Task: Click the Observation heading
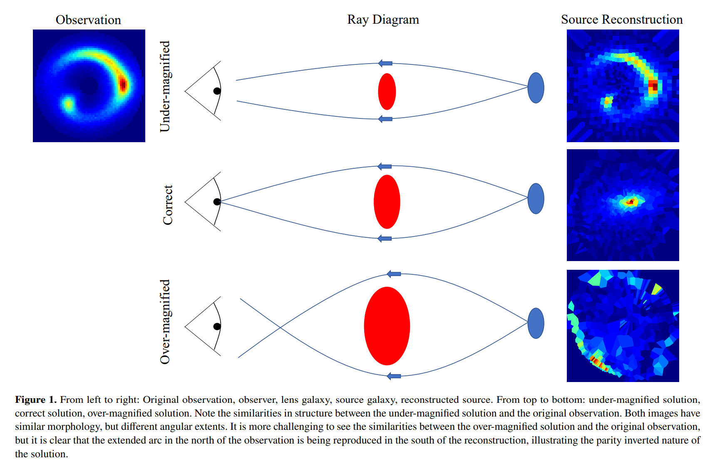tap(88, 20)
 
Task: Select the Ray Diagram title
tap(383, 20)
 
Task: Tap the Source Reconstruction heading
tap(622, 20)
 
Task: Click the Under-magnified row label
tap(165, 86)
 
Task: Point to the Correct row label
tap(168, 205)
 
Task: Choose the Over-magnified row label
tap(165, 322)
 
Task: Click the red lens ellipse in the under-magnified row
tap(387, 91)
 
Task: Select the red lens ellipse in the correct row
tap(387, 202)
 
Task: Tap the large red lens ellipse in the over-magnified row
tap(387, 326)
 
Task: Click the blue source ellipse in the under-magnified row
tap(536, 88)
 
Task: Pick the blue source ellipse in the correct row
tap(536, 199)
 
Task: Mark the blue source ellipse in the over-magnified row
tap(536, 323)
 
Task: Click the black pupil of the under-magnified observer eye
tap(217, 91)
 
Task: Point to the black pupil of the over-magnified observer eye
tap(217, 326)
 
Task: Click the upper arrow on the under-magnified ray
tap(385, 63)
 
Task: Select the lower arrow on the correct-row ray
tap(385, 239)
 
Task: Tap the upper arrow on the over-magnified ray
tap(394, 274)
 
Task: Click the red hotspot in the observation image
tap(123, 84)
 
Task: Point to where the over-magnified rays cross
tap(280, 328)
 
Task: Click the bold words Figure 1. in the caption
tap(36, 400)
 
